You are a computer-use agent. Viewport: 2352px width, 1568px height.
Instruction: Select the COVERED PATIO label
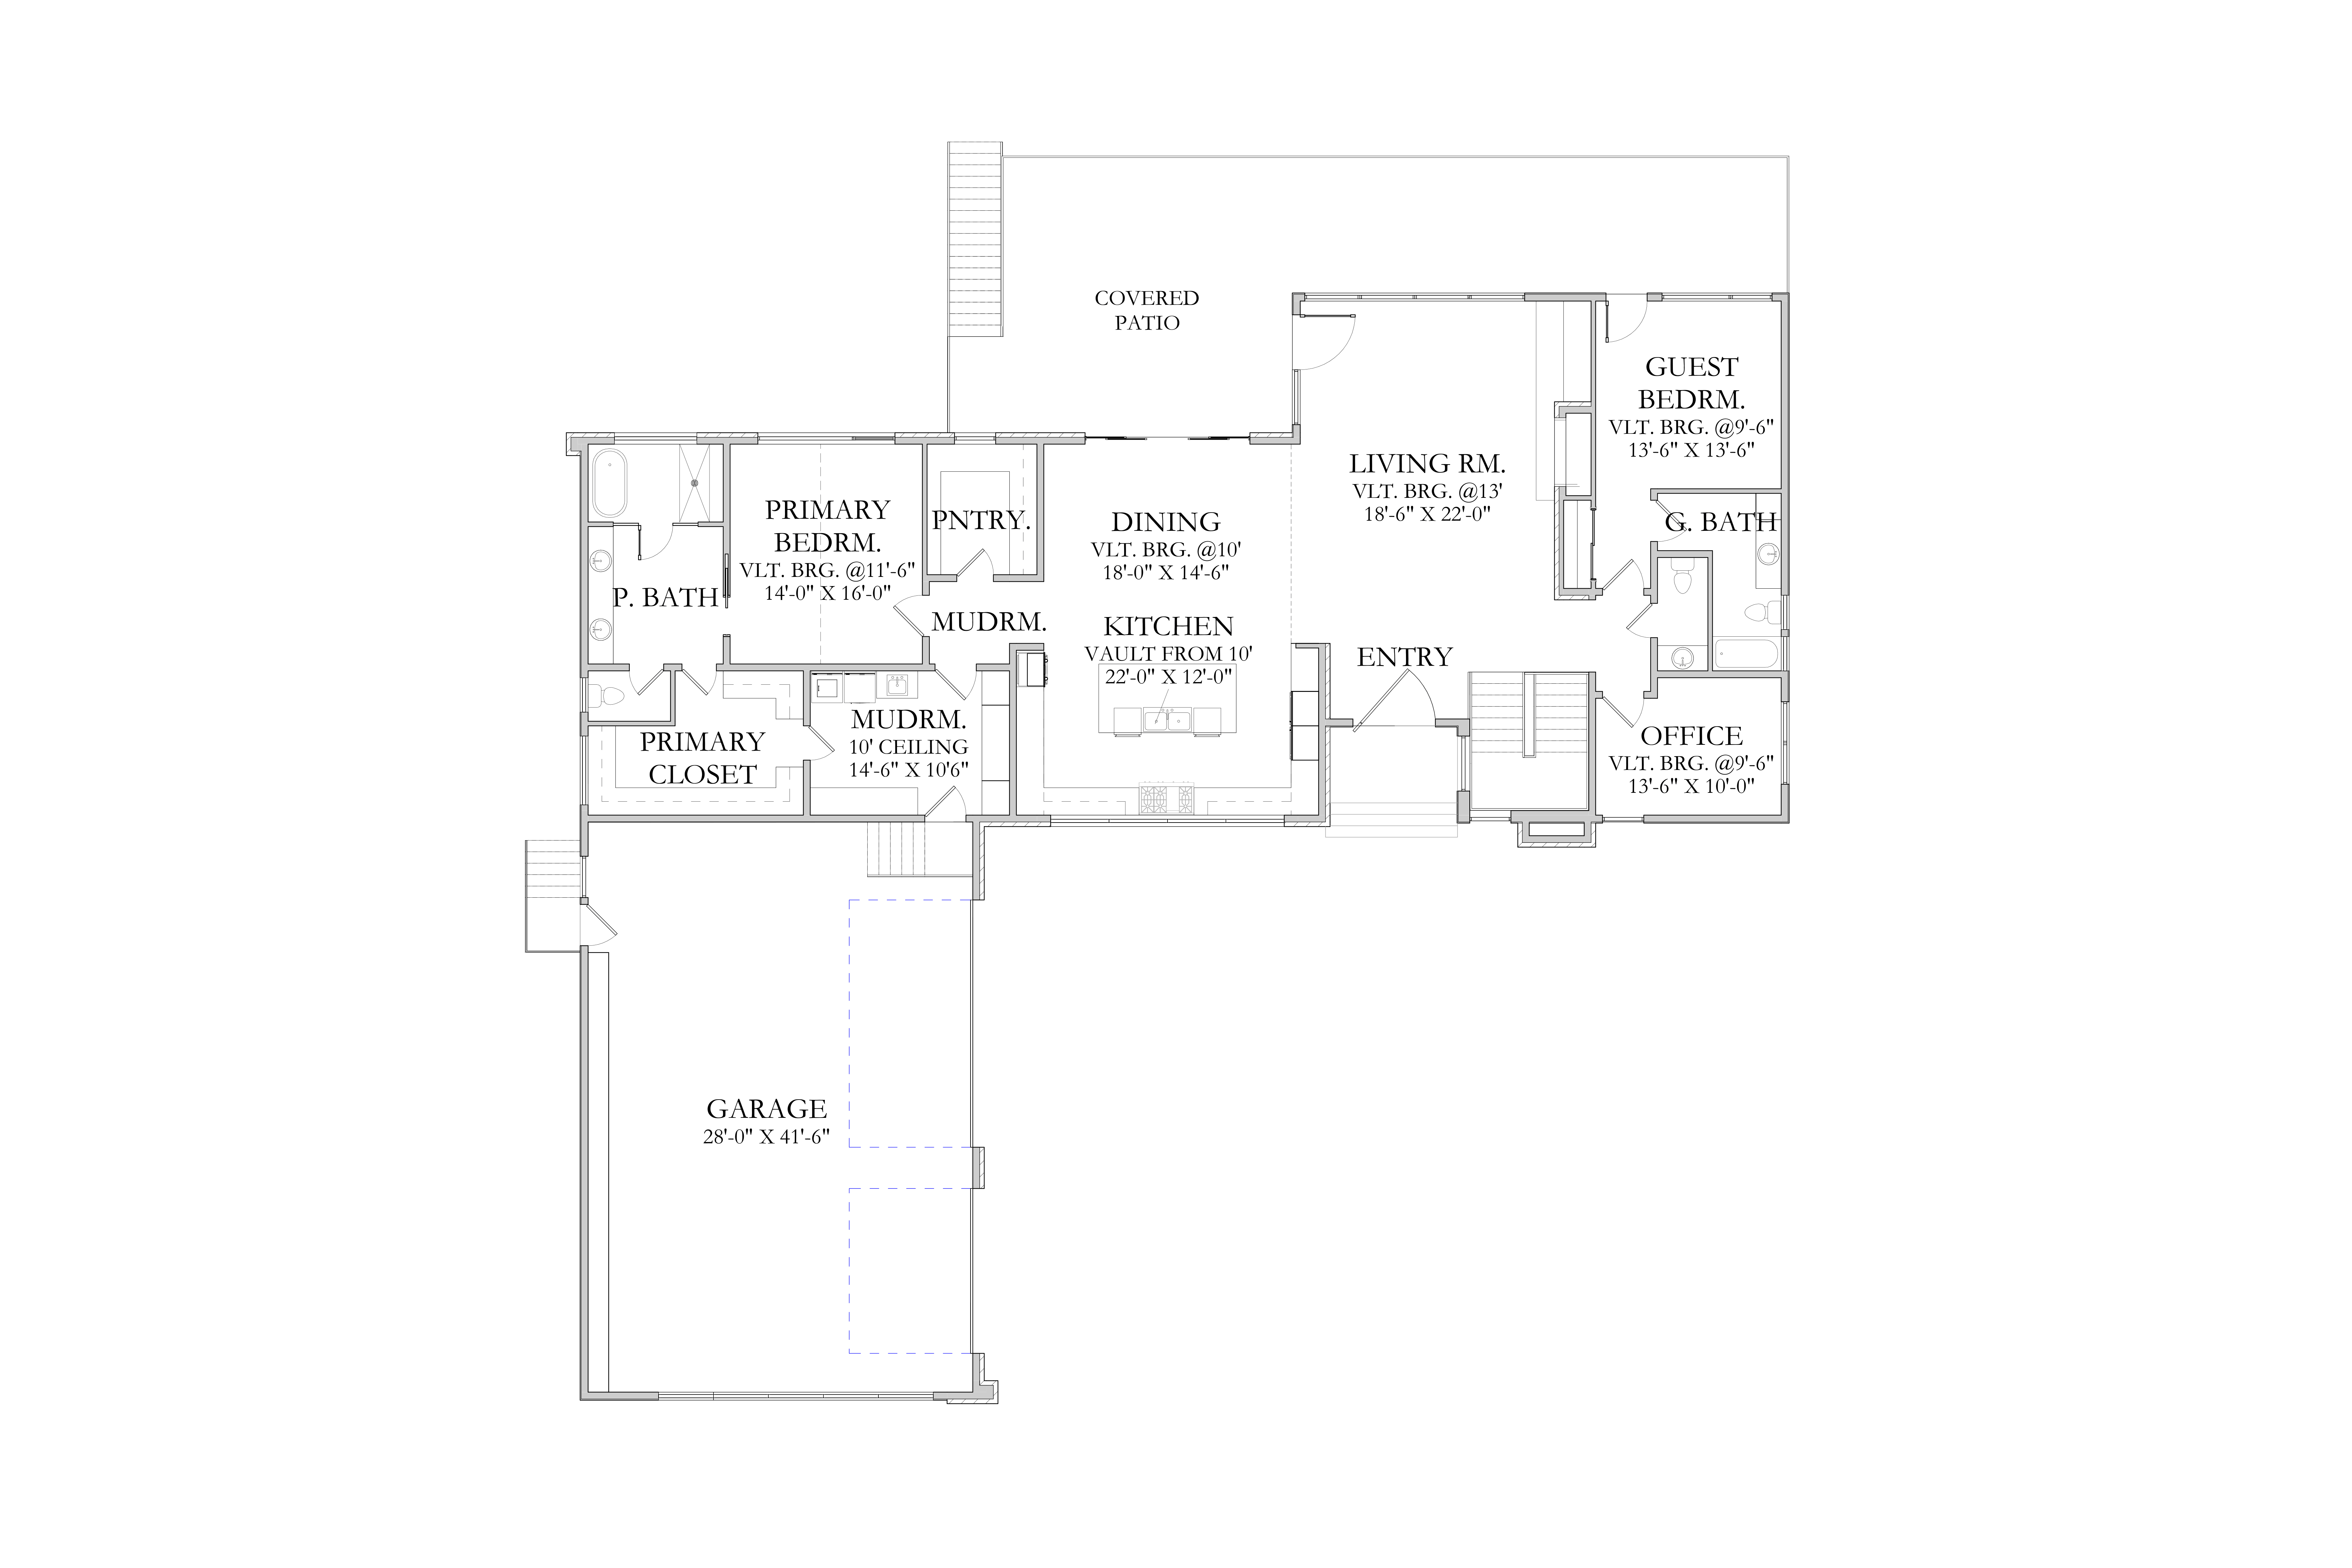tap(1147, 310)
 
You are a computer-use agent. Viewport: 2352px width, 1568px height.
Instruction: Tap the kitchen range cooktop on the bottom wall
tap(1166, 798)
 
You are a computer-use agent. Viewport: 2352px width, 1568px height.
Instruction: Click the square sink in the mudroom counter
tap(897, 686)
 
